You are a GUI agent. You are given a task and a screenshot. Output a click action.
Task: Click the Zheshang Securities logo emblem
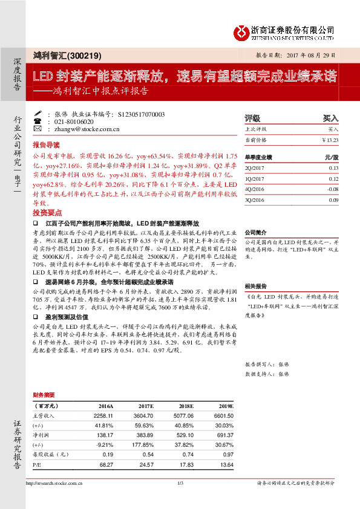point(240,31)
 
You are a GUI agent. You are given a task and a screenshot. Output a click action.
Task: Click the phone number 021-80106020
point(74,122)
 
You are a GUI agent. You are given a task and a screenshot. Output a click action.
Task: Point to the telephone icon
point(39,122)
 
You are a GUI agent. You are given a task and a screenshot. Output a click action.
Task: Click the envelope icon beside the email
point(39,129)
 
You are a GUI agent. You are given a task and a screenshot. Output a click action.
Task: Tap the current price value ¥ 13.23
point(330,140)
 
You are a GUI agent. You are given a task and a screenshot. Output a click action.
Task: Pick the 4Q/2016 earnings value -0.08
point(332,189)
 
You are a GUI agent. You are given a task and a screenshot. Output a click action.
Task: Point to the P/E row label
point(37,464)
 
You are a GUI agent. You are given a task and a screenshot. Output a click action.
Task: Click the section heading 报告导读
point(47,145)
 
